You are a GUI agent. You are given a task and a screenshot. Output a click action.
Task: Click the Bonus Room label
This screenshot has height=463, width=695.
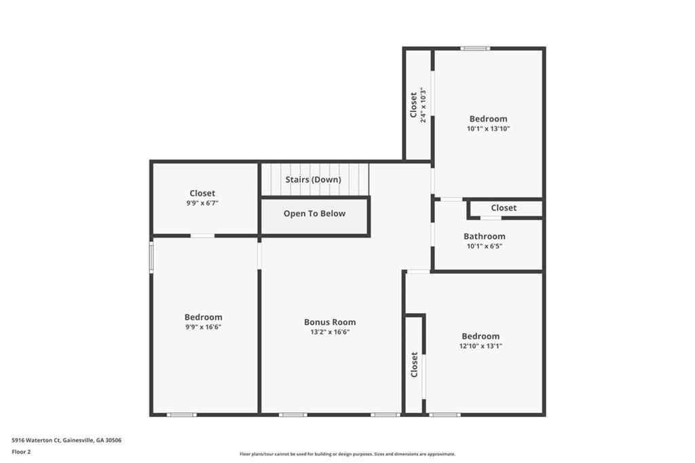330,322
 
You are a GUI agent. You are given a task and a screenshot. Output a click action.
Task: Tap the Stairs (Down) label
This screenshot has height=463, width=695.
314,180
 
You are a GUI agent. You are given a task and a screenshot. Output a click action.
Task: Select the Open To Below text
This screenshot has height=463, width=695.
314,214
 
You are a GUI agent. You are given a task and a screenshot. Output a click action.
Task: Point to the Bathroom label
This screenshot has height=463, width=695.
485,236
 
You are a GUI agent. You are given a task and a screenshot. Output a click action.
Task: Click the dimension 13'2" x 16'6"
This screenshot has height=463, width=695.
331,332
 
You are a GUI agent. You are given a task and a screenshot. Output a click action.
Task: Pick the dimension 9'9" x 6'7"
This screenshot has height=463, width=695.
202,203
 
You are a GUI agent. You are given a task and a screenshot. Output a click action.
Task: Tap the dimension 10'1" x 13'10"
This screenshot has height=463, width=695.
489,128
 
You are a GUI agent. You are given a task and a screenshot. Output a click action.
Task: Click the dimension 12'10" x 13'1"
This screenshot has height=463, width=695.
481,346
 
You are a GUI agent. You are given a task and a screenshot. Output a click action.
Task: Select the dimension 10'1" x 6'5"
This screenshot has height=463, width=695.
485,246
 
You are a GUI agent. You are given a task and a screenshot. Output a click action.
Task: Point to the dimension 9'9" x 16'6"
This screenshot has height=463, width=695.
204,327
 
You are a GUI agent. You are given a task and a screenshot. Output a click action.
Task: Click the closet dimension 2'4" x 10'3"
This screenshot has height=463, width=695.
424,105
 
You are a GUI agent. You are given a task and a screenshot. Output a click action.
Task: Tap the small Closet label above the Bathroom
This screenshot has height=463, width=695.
504,208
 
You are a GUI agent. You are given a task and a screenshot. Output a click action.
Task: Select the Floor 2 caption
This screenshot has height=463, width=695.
21,452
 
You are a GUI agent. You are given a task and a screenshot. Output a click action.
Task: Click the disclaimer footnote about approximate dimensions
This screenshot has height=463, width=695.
347,454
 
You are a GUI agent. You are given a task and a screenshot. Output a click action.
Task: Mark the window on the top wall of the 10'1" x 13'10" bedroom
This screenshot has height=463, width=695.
475,48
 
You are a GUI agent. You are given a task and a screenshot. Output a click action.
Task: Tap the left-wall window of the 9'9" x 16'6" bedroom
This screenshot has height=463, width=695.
151,257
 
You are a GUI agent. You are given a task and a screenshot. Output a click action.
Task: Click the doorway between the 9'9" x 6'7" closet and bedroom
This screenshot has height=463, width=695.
202,236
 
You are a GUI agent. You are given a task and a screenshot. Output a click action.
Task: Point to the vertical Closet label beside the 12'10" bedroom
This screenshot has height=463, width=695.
415,365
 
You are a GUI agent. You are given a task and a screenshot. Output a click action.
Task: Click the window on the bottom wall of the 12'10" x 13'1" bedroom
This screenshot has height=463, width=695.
445,415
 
